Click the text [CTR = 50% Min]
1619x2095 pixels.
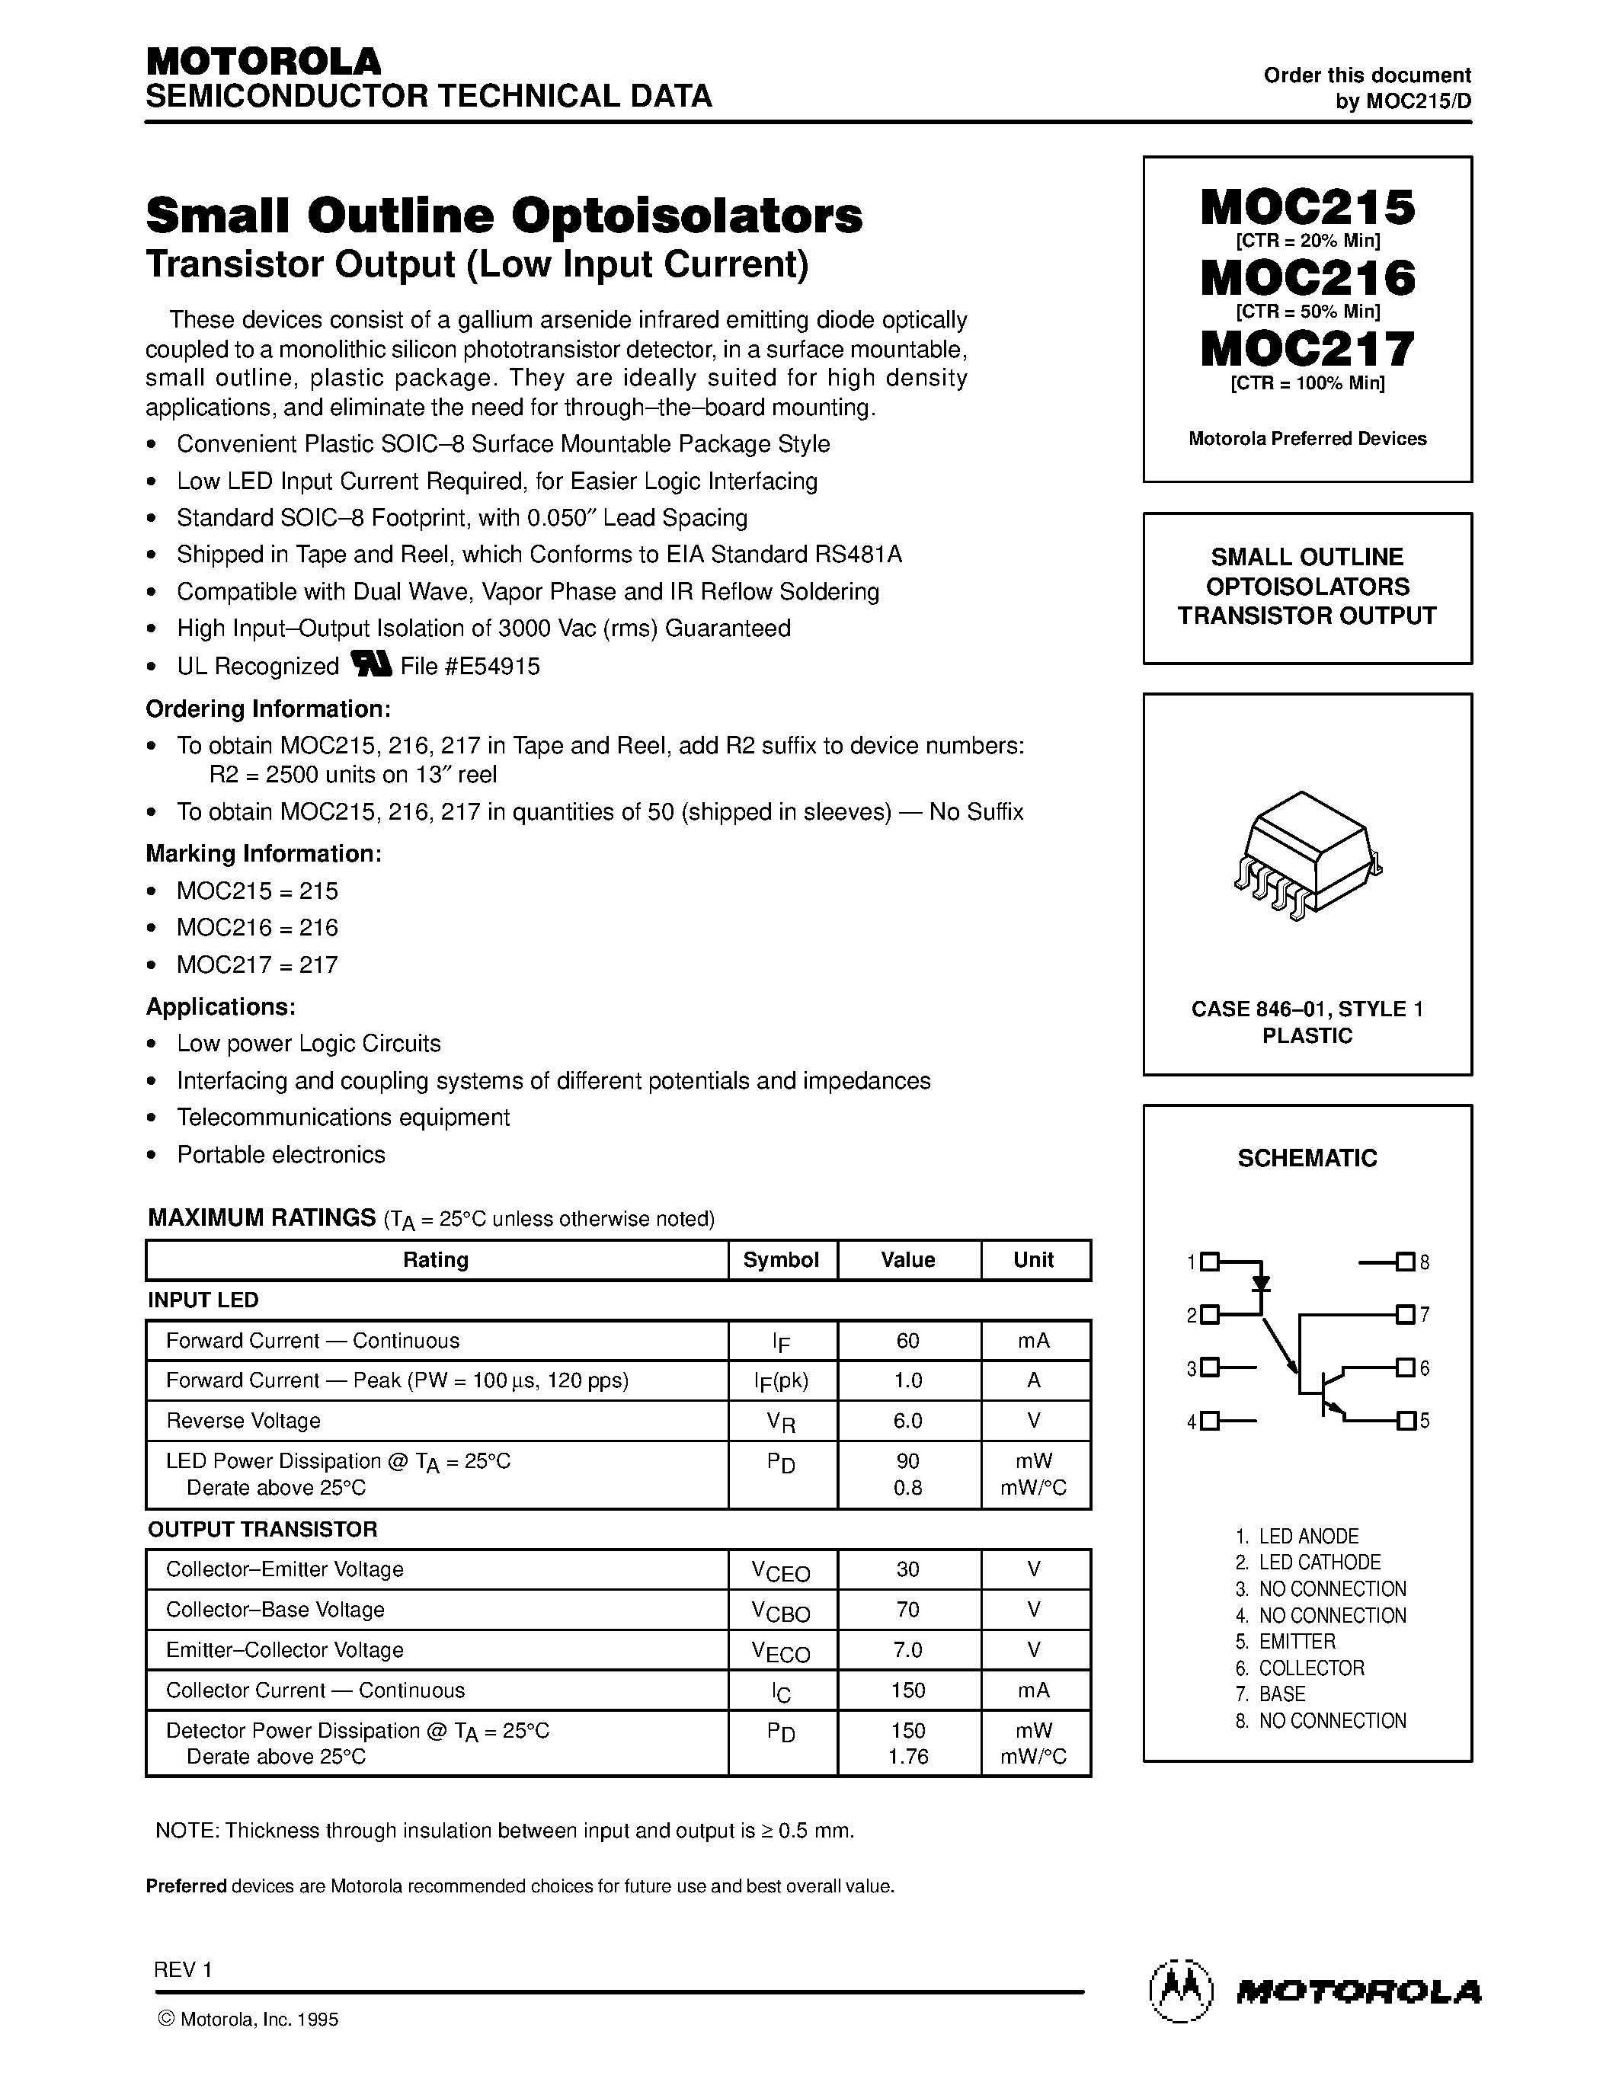pos(1307,312)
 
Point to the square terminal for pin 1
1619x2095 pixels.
pos(1209,1262)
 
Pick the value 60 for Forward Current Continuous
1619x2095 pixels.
pos(907,1341)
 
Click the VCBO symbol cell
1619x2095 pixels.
pos(781,1611)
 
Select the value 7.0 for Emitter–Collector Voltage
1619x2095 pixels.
pos(907,1650)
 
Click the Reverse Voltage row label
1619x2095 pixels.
pos(244,1421)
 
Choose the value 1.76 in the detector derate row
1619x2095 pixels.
pos(907,1757)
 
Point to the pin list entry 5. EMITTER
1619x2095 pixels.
pos(1285,1641)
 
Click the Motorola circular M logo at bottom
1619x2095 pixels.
pos(1181,1991)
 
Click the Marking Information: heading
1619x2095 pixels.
pos(264,854)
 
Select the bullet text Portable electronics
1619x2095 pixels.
pos(281,1155)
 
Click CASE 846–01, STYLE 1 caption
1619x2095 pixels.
pos(1307,1009)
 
